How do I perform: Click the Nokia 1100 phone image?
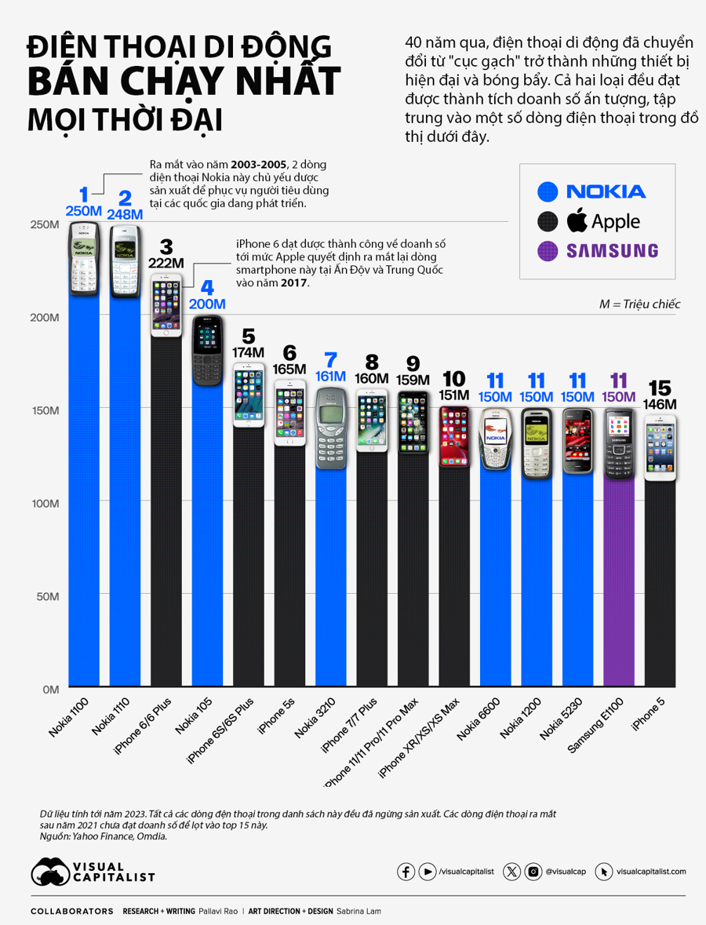tap(87, 260)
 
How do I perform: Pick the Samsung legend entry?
tap(597, 251)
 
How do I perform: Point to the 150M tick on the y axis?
tap(45, 410)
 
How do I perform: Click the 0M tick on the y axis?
tap(50, 689)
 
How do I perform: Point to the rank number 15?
tap(659, 388)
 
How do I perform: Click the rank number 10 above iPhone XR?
tap(454, 379)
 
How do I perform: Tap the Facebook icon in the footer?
tap(406, 872)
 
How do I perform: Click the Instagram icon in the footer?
tap(533, 872)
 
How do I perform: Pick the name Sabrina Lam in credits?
tap(358, 912)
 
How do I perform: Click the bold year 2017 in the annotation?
tap(294, 282)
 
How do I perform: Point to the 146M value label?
tap(659, 405)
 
